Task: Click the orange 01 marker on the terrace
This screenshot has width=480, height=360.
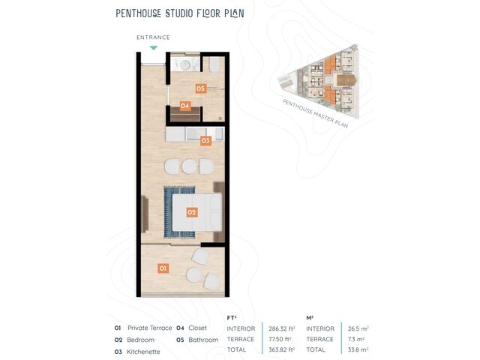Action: [x=163, y=268]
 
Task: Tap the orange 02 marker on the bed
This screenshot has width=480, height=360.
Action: [x=192, y=212]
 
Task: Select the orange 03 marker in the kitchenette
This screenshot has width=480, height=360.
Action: [x=205, y=140]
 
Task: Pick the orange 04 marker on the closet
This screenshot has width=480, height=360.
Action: [x=185, y=106]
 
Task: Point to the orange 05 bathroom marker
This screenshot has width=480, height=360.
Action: [x=201, y=88]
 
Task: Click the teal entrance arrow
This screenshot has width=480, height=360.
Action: [x=154, y=48]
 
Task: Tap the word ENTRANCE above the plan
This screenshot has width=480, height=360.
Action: [x=153, y=37]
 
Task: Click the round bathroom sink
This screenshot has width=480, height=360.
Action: [x=185, y=64]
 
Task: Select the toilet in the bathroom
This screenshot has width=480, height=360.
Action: [x=214, y=65]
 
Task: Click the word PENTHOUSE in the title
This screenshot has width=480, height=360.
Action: [x=138, y=13]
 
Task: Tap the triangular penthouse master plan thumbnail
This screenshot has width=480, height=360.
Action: [x=318, y=82]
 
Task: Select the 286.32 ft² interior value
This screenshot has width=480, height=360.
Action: [x=282, y=328]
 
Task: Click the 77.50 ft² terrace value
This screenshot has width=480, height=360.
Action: [x=280, y=339]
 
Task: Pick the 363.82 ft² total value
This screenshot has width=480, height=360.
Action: [x=282, y=349]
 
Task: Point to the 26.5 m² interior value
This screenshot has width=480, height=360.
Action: [x=358, y=328]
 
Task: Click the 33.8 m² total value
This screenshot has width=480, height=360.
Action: [x=358, y=349]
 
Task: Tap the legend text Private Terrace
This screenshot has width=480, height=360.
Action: [x=150, y=328]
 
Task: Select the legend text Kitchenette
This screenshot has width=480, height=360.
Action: [x=143, y=352]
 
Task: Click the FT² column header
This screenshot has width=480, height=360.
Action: [x=232, y=318]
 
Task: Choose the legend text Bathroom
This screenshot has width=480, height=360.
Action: [x=203, y=340]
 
